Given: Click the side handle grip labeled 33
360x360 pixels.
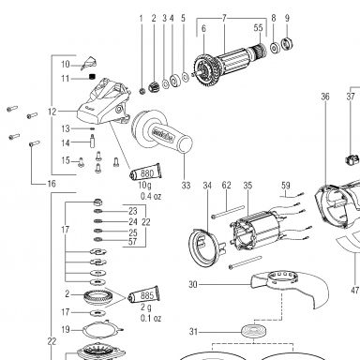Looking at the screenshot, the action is point(162,133).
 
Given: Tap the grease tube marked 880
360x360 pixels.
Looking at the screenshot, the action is point(146,172).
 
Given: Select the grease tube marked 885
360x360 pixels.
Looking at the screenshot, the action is point(144,294).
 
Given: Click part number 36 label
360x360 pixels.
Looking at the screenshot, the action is point(325,97).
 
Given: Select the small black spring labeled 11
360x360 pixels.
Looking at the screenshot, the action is point(92,77).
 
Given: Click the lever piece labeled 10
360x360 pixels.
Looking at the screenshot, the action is point(88,63).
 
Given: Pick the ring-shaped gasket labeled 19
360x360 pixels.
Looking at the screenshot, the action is point(102,330).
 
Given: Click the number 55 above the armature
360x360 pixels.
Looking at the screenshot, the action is point(258,28).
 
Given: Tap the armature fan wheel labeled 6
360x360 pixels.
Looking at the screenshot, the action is point(207,69).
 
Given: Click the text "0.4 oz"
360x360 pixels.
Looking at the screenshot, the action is point(151,197).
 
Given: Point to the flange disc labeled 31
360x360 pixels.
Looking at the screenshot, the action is point(254,330).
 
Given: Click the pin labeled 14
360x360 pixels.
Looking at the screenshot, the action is point(93,142).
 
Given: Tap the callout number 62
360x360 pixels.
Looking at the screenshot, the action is point(227,186).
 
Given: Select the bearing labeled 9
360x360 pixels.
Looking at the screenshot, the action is point(287,43).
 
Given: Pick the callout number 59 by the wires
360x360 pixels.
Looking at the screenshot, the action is point(286,186).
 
